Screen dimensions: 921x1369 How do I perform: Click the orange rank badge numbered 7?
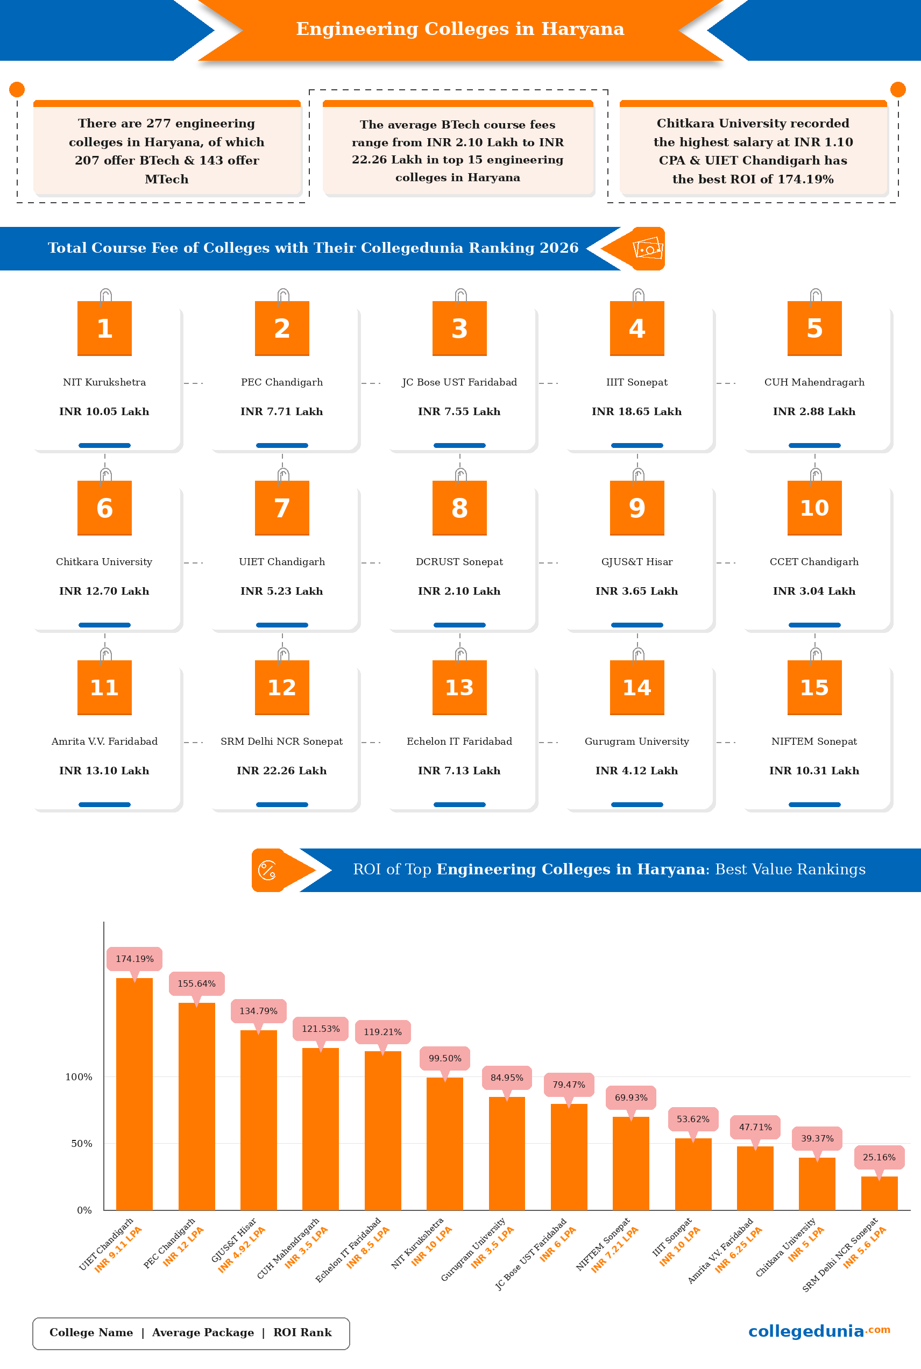(282, 508)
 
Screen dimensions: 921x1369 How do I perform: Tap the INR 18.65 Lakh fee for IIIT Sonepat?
(637, 411)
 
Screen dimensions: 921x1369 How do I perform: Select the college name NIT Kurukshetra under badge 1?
(104, 382)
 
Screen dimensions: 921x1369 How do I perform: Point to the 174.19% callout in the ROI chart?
(134, 959)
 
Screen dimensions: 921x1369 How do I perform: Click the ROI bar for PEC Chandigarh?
(197, 1106)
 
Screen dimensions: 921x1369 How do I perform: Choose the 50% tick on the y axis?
(82, 1144)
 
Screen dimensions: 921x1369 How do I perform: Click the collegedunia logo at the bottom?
(819, 1331)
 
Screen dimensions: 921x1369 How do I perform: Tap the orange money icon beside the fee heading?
(647, 249)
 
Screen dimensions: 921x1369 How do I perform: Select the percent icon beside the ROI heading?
(268, 870)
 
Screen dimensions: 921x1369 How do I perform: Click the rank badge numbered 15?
(814, 687)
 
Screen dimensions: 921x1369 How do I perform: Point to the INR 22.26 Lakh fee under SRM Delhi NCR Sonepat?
(282, 771)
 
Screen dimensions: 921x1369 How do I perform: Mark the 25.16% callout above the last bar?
(879, 1157)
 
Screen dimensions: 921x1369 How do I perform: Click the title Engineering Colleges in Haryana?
(460, 28)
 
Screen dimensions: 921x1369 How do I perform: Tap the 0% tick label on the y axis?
(84, 1210)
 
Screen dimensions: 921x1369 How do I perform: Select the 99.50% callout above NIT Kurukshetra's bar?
(445, 1058)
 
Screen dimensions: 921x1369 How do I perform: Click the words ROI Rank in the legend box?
(302, 1332)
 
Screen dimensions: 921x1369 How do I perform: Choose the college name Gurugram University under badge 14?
(637, 741)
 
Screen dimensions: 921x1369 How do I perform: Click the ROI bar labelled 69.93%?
(631, 1163)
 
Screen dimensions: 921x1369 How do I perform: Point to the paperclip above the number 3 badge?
(460, 295)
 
